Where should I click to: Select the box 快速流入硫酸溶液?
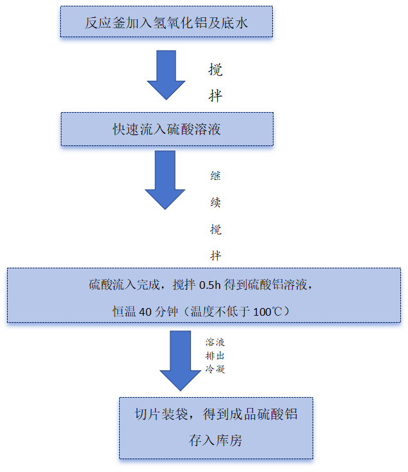(x=167, y=129)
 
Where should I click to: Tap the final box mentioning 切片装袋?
(x=216, y=427)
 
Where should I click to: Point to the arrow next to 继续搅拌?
(x=165, y=180)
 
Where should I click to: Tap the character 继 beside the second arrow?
(x=216, y=175)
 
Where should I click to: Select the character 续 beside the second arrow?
(x=216, y=202)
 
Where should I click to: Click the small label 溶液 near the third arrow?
(x=215, y=343)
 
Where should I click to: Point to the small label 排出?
(x=215, y=356)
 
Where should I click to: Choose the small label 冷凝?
(x=215, y=370)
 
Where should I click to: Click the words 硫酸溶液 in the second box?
(x=193, y=129)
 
